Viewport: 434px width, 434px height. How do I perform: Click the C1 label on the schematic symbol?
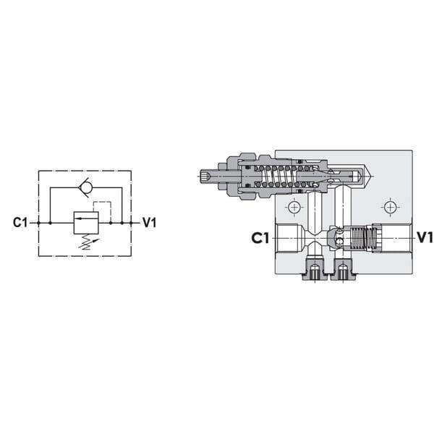point(20,223)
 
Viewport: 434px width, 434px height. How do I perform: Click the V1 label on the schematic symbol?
point(150,223)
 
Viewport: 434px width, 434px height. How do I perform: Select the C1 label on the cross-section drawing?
point(260,238)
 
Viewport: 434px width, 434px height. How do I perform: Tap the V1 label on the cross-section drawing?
point(425,237)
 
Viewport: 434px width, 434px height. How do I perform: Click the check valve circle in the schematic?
point(85,187)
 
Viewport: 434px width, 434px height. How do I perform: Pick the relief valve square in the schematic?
point(86,223)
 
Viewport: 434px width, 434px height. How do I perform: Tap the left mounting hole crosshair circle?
point(294,207)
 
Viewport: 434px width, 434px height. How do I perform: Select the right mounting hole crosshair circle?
point(390,207)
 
